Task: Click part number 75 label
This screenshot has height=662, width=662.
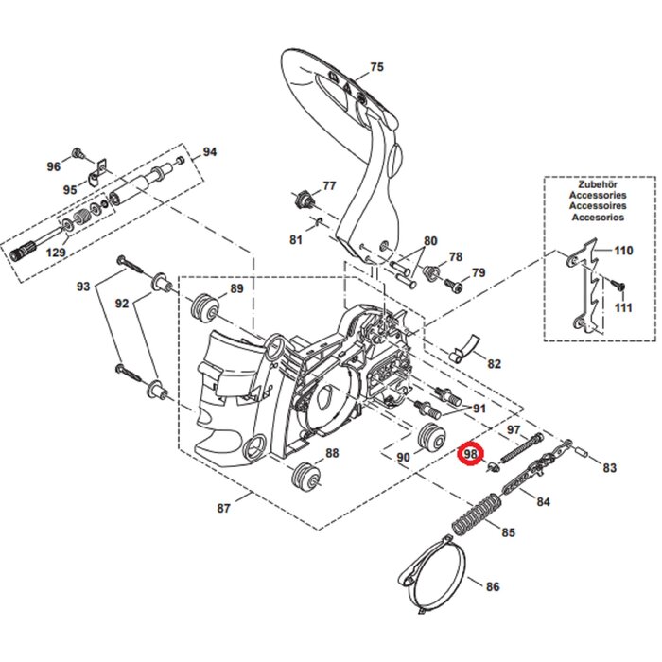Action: [376, 67]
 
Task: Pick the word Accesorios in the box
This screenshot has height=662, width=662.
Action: [584, 218]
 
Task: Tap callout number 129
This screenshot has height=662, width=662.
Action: [56, 253]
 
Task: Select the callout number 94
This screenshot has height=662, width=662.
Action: [209, 151]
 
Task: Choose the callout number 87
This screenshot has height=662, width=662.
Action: [223, 509]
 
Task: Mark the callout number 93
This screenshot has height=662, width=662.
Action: [83, 287]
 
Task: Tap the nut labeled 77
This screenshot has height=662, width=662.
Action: [305, 198]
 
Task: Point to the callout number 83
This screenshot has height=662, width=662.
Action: [608, 467]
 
